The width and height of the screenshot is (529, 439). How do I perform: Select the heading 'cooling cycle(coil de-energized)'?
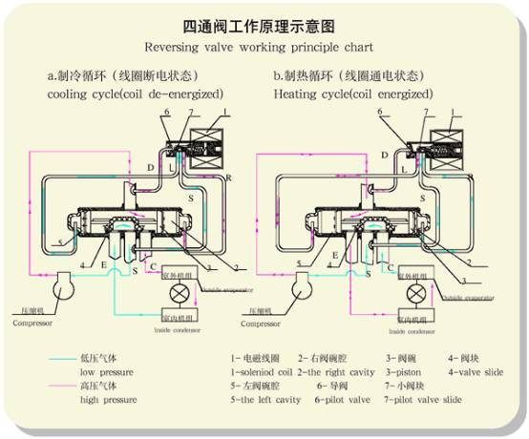pyautogui.click(x=136, y=94)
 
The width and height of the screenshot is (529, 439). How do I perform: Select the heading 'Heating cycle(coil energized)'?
pyautogui.click(x=351, y=94)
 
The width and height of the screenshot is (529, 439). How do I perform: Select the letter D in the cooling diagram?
pyautogui.click(x=149, y=167)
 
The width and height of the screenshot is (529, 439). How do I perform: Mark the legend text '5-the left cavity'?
pyautogui.click(x=267, y=399)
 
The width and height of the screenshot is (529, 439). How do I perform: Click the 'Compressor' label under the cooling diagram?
pyautogui.click(x=36, y=322)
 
